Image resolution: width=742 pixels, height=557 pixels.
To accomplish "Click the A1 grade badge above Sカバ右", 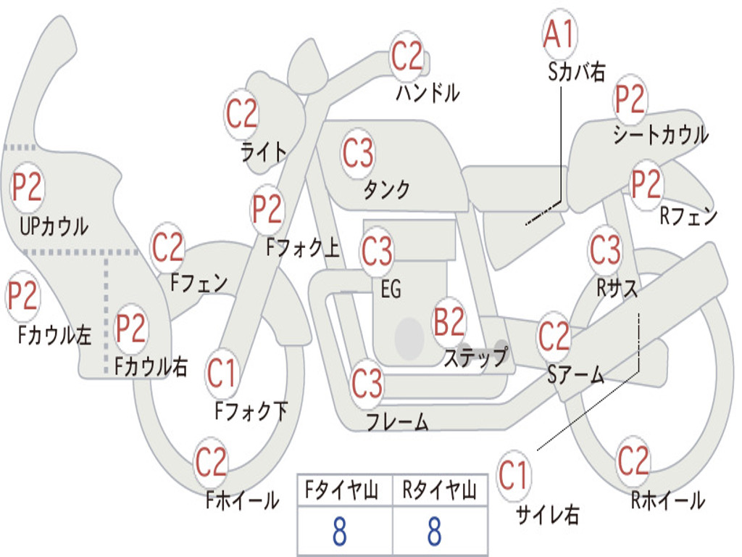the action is tap(559, 34).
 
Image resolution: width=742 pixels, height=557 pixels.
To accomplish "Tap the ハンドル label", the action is tap(428, 92).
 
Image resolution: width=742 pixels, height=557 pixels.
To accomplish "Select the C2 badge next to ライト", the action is tap(241, 113).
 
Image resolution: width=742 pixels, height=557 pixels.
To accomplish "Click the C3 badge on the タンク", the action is tap(358, 153).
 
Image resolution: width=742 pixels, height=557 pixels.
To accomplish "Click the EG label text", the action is tap(391, 289).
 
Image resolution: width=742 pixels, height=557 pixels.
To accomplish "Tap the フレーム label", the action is tap(396, 421).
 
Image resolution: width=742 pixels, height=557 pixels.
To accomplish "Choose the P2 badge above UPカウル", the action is tap(27, 188).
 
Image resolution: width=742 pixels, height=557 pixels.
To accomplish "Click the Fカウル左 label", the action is tap(55, 335).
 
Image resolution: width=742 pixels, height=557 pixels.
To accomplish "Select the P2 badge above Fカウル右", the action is tap(130, 329).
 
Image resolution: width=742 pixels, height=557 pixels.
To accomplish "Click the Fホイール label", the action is tap(242, 500).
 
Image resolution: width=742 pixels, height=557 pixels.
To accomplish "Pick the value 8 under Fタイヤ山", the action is tap(339, 532).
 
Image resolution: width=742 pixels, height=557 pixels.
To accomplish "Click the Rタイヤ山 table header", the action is tap(439, 491).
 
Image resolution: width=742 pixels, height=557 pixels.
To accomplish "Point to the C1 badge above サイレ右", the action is tap(513, 476).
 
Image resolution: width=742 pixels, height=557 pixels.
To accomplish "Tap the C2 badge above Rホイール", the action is tap(633, 460).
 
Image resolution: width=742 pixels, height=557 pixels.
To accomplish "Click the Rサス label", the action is tap(617, 288).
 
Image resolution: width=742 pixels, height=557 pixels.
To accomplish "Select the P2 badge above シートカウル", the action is tap(630, 100).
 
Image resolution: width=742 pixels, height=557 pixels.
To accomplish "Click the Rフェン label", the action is tap(688, 216).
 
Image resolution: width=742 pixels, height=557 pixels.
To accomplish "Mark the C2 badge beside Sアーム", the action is tap(554, 337).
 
